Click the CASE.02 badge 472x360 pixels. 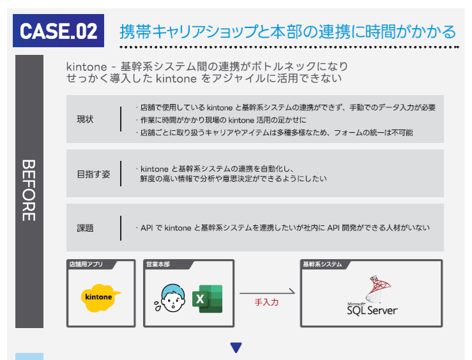(58, 31)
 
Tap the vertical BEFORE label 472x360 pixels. (29, 190)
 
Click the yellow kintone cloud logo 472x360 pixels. (100, 297)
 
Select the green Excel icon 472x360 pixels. (208, 299)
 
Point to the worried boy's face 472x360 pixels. (173, 298)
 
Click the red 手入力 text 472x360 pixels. (266, 303)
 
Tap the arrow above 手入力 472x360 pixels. (268, 292)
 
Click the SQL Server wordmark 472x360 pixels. (372, 309)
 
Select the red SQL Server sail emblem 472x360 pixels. (378, 289)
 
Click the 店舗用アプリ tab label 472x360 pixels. (86, 264)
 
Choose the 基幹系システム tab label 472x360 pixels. (323, 264)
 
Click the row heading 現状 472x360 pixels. (85, 119)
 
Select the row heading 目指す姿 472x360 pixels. (94, 174)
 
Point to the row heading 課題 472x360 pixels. (85, 228)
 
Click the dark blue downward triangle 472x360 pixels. (236, 347)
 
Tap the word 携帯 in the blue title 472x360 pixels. (135, 31)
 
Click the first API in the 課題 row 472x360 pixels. (147, 228)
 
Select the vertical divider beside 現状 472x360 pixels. (121, 119)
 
